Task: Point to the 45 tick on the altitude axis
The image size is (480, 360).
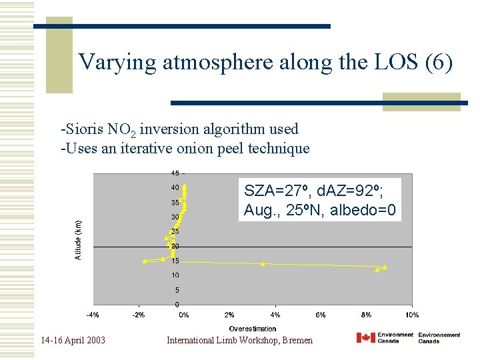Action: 174,173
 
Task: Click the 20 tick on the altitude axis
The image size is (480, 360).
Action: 174,246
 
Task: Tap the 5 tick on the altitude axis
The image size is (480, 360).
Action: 176,290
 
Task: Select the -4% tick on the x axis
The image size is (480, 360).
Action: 93,315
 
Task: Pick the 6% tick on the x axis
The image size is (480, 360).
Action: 320,315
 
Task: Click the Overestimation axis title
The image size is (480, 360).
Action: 253,329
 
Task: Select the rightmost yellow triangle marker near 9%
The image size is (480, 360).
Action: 385,267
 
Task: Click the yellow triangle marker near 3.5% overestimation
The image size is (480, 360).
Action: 263,264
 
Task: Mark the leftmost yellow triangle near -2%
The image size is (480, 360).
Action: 145,261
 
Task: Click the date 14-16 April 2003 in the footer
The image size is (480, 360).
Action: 73,340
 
